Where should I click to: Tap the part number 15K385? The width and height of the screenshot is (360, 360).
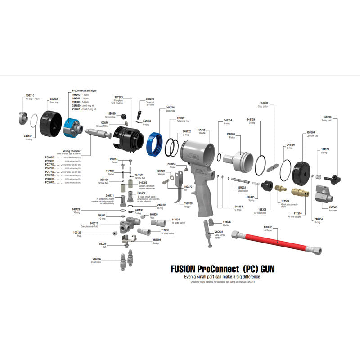[x=202, y=129]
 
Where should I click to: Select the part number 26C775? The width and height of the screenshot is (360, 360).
[x=170, y=108]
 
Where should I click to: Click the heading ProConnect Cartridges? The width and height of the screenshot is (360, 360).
[x=84, y=90]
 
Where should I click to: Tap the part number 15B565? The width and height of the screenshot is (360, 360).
[x=333, y=207]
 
